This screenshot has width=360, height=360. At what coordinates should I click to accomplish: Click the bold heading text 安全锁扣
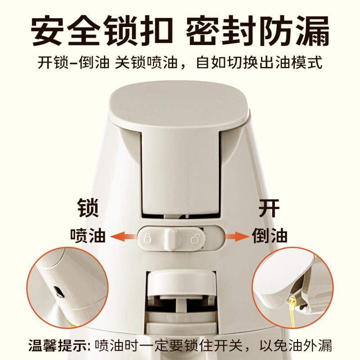pos(101,30)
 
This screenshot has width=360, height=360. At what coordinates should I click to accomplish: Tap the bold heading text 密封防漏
pos(257,30)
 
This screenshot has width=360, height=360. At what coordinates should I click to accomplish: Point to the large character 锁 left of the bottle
pos(88,208)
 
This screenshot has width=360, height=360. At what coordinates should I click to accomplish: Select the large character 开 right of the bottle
pos(269,208)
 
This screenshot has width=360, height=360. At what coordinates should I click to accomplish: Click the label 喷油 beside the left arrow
pos(88,235)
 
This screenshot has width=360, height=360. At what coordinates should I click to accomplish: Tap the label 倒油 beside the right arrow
pos(270,235)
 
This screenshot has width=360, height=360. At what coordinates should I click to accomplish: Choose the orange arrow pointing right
pos(237,237)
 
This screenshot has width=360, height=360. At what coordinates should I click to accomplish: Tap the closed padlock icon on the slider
pos(148,238)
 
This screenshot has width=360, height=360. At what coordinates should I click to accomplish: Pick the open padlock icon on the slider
pos(195,238)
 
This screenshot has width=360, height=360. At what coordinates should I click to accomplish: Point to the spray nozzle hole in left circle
pos(58,291)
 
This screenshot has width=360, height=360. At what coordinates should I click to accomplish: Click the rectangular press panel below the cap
pos(181,172)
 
